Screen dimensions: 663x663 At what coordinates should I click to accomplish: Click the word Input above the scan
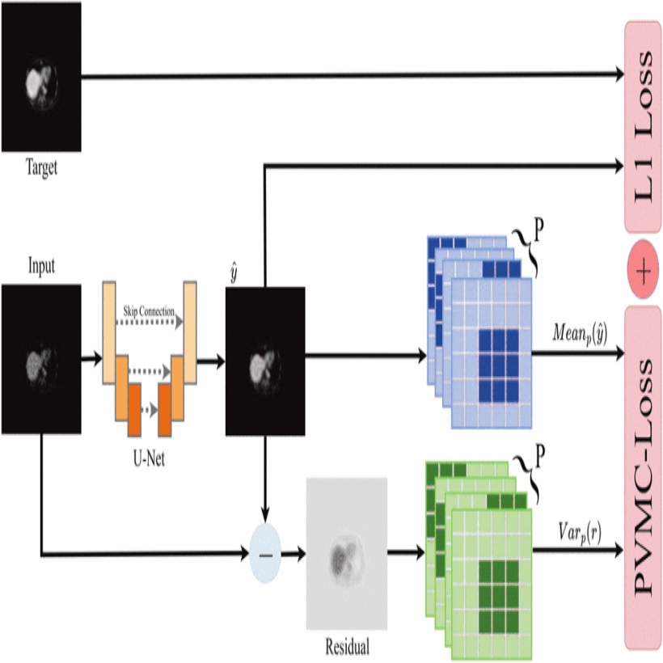pos(42,266)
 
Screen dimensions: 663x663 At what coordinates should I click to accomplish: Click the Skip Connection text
pos(150,309)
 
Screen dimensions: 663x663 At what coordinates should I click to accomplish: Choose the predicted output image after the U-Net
pos(265,360)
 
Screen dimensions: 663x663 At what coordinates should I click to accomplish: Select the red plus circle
pos(643,270)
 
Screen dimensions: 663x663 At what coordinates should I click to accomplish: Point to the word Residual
pos(347,647)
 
